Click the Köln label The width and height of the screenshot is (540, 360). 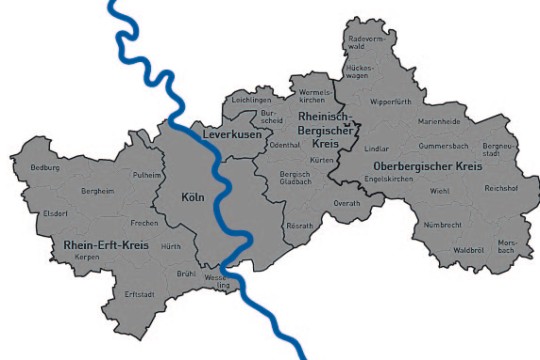[193, 198]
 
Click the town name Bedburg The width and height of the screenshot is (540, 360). [45, 167]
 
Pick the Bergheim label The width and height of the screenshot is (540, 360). [97, 190]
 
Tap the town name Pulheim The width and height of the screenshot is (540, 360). [147, 174]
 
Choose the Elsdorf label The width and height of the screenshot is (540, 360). [55, 213]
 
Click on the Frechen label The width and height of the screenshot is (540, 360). [145, 222]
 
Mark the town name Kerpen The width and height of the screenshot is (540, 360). [88, 257]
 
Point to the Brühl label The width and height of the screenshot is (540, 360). [186, 273]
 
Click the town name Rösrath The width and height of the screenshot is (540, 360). [299, 226]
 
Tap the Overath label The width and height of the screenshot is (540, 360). [346, 203]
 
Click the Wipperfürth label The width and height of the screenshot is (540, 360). [391, 102]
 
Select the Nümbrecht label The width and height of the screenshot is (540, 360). [443, 225]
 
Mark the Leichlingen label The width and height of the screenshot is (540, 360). [251, 101]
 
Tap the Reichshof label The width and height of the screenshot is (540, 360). [500, 188]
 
